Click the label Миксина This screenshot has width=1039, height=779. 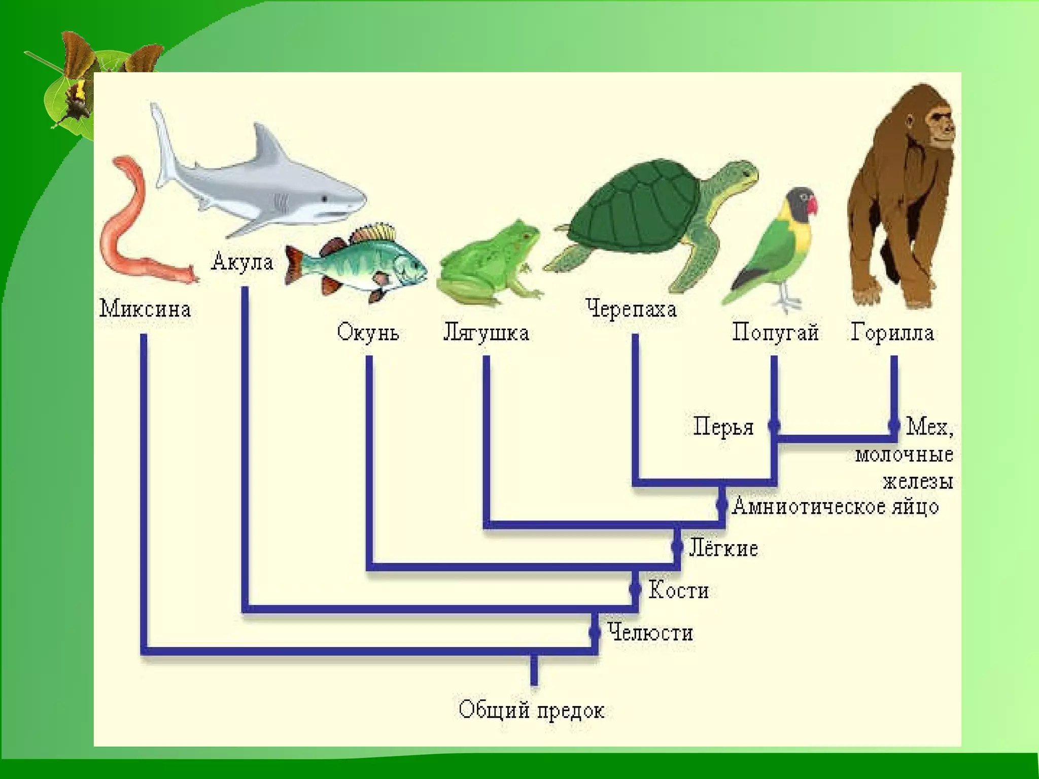pyautogui.click(x=145, y=309)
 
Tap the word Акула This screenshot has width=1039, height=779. pyautogui.click(x=243, y=262)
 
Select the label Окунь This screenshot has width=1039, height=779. pyautogui.click(x=368, y=333)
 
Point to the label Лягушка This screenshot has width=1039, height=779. pyautogui.click(x=486, y=333)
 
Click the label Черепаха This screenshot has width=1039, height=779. pyautogui.click(x=631, y=309)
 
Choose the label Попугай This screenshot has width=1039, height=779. pyautogui.click(x=775, y=333)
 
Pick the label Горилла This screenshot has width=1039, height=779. pyautogui.click(x=892, y=333)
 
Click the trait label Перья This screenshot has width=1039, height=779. pyautogui.click(x=723, y=427)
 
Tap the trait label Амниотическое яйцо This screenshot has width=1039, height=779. pyautogui.click(x=835, y=506)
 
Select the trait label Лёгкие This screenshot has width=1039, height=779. pyautogui.click(x=723, y=548)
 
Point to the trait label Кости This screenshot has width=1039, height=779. pyautogui.click(x=678, y=590)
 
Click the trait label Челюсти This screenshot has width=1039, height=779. pyautogui.click(x=650, y=633)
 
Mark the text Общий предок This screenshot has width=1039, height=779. pyautogui.click(x=531, y=710)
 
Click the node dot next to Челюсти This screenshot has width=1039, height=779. pyautogui.click(x=594, y=632)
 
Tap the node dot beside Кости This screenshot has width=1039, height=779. pyautogui.click(x=635, y=589)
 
